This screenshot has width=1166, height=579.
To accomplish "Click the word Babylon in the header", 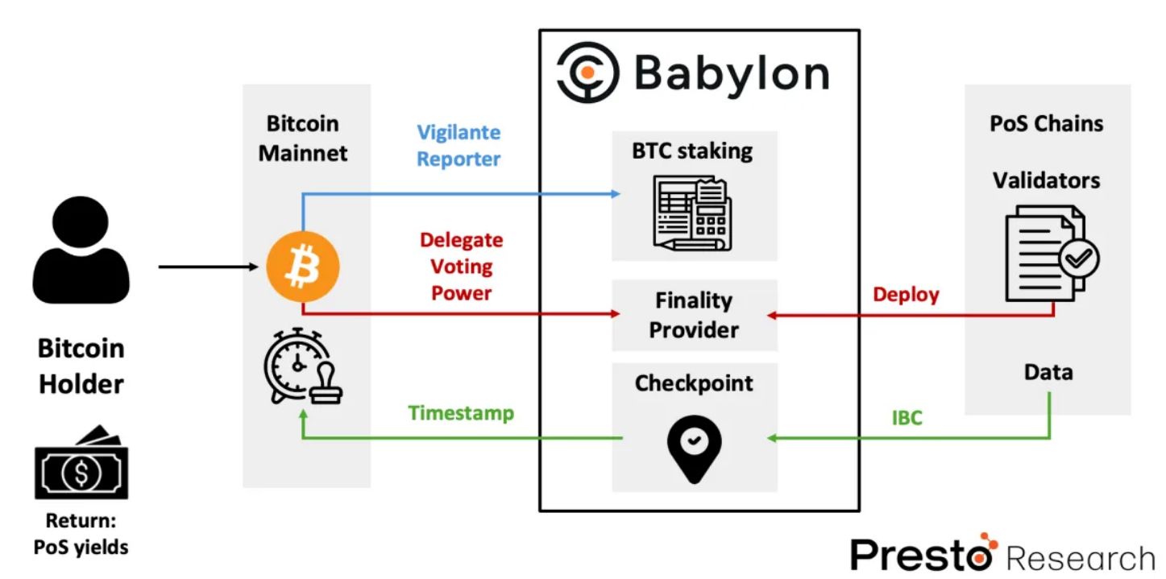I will tap(732, 73).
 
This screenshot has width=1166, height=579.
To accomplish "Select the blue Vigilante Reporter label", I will tap(459, 146).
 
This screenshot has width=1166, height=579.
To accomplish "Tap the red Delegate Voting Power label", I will tap(461, 267).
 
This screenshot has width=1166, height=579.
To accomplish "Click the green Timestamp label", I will tap(461, 413).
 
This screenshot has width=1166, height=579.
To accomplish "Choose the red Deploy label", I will tap(907, 295).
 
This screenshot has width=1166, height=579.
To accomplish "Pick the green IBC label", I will tap(907, 418).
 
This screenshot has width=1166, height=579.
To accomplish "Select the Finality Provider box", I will tap(694, 316).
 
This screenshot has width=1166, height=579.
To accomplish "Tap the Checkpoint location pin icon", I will tap(694, 449).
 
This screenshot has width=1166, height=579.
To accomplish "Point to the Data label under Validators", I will tap(1048, 373).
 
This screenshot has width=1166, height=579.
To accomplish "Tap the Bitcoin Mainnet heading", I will tap(303, 139).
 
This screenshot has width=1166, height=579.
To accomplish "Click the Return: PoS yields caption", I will tap(81, 533).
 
